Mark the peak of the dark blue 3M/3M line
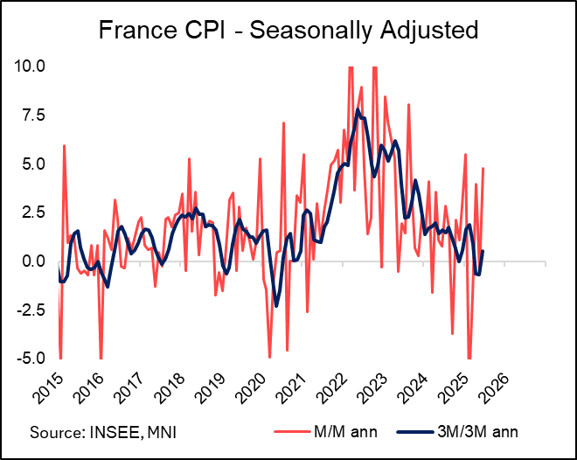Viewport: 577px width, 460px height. click(x=358, y=110)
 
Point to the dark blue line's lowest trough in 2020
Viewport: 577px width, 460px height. click(x=276, y=305)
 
